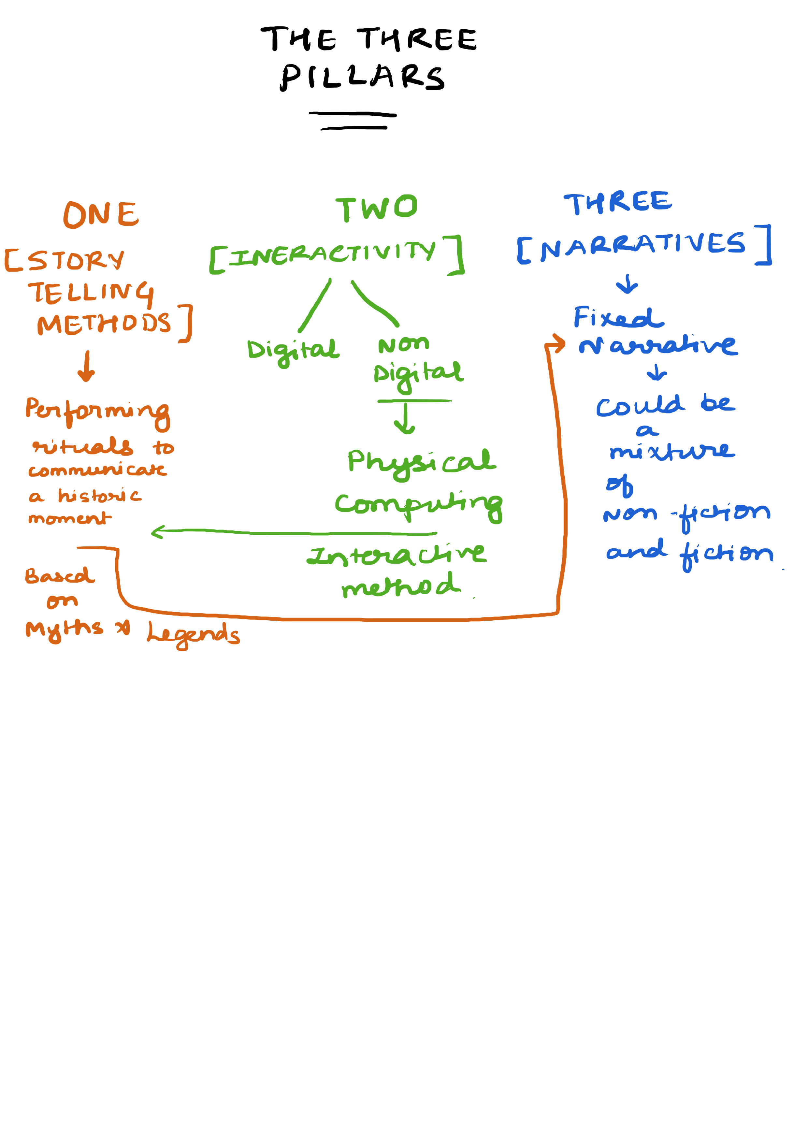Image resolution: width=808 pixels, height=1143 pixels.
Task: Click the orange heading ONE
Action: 101,215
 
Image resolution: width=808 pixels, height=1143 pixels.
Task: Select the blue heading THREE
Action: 617,203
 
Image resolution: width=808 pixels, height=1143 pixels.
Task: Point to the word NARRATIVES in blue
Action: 642,245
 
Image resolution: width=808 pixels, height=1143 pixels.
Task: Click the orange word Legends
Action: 193,634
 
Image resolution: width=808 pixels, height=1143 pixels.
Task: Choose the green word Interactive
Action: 396,555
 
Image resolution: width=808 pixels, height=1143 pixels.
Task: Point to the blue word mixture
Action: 671,451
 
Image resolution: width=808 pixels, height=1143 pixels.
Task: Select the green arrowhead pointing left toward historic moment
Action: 156,532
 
